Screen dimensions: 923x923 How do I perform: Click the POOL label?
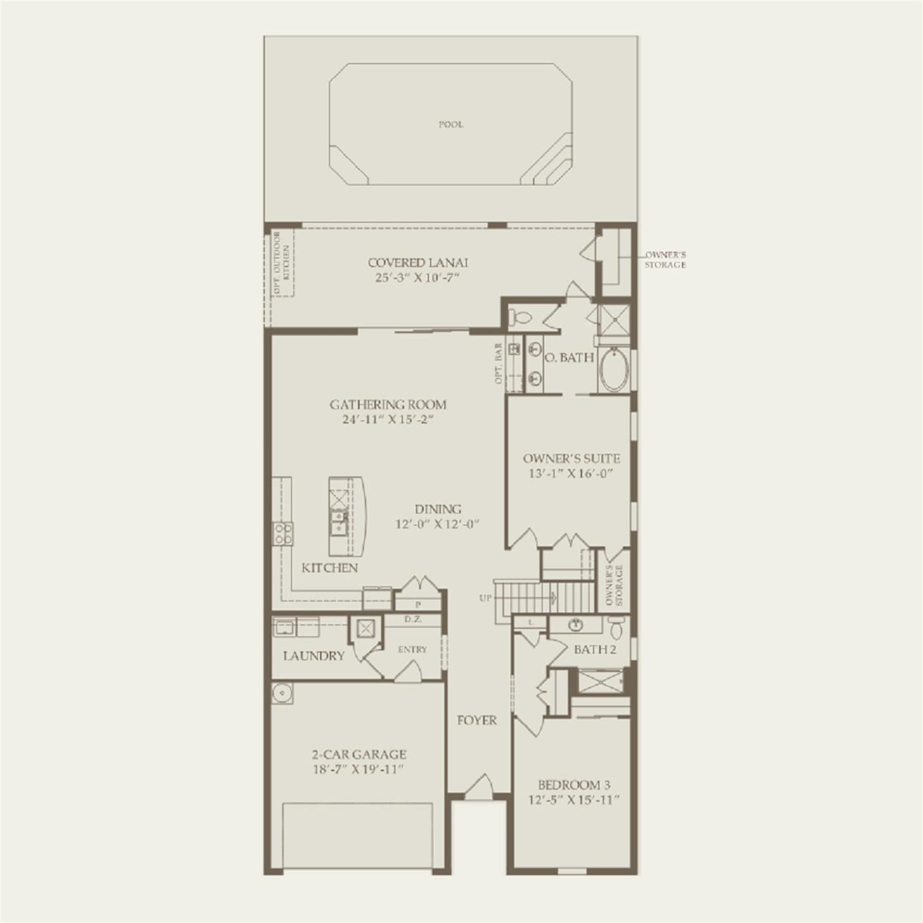point(451,125)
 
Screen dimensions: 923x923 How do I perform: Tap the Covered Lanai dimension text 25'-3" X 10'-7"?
point(418,278)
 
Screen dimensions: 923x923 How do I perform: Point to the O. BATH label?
point(569,358)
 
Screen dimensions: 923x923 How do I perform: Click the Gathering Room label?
point(388,405)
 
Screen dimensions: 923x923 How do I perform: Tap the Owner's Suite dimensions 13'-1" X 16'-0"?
point(572,474)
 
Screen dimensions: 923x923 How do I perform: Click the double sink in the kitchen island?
point(338,523)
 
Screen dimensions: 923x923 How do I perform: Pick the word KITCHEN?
point(330,568)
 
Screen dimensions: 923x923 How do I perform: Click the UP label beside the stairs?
point(486,599)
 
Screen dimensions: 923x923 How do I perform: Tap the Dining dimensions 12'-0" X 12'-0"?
point(438,524)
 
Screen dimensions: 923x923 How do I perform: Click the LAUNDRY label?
point(313,656)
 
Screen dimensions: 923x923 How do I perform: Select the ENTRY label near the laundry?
point(412,649)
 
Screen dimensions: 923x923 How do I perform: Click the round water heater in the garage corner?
point(281,693)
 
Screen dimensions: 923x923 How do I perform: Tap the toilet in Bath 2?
point(616,627)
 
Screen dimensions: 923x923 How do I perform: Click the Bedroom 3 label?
point(574,786)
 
